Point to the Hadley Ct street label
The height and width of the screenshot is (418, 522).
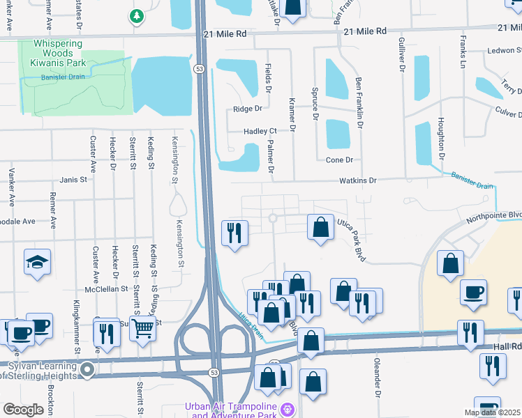[x=260, y=131]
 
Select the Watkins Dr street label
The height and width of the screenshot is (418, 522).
[x=358, y=180]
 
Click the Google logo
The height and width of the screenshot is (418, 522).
[x=24, y=409]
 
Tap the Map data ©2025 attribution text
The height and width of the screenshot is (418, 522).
[x=491, y=412]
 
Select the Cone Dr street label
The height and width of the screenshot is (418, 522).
[x=339, y=160]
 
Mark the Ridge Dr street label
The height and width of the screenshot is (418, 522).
[x=247, y=109]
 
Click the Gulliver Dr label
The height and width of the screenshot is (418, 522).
[x=402, y=56]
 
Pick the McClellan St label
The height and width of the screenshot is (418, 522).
[x=106, y=288]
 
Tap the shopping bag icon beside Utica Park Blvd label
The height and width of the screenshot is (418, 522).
[x=320, y=227]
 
